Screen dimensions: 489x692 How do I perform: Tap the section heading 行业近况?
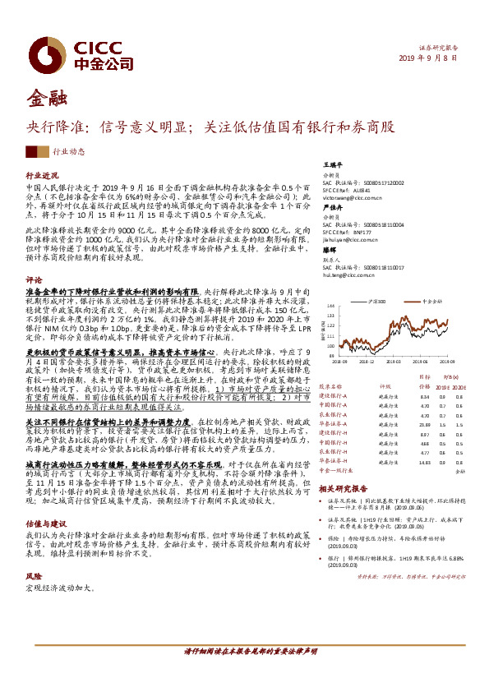[43, 176]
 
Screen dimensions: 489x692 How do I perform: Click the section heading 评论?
[34, 280]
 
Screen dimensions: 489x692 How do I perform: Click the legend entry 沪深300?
[380, 302]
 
